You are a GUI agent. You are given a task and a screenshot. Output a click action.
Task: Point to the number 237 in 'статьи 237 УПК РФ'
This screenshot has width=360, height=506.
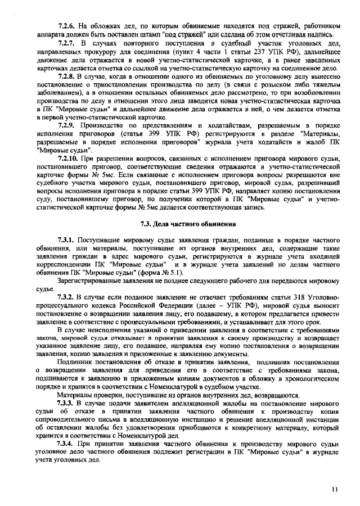tap(266, 51)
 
